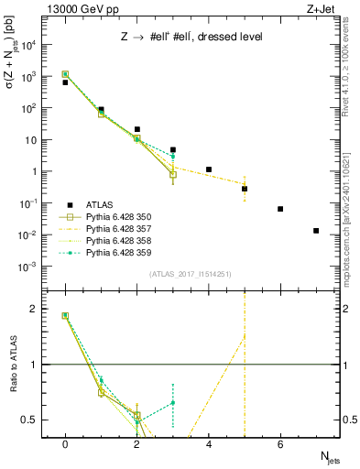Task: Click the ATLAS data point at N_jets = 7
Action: click(x=316, y=231)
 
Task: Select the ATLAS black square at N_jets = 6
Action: click(x=280, y=209)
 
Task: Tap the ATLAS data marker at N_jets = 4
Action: click(x=209, y=169)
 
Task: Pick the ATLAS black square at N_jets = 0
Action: click(x=65, y=82)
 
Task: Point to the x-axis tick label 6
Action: click(x=280, y=444)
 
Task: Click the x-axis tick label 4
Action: click(x=209, y=444)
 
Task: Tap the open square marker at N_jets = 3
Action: click(x=173, y=174)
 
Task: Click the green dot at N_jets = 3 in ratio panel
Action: click(x=173, y=402)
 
